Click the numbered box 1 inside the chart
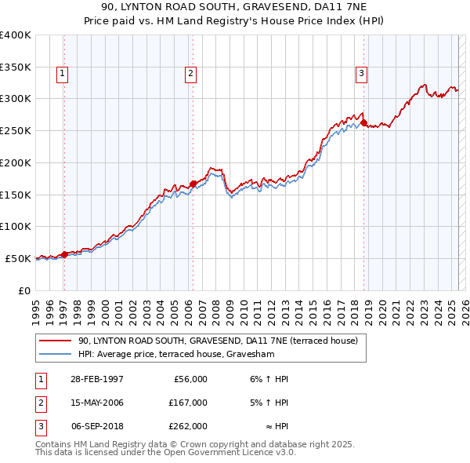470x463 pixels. pos(62,75)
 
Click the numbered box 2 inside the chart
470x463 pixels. pos(190,75)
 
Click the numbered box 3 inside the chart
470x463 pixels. pos(361,75)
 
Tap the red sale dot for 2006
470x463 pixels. pos(193,184)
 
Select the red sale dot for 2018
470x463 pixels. pos(364,123)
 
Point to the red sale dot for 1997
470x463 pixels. pos(65,254)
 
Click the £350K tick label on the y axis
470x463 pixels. pos(15,67)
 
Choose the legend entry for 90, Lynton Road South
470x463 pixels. pos(217,341)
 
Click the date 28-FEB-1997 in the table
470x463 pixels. pos(96,379)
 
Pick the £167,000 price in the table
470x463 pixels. pos(188,403)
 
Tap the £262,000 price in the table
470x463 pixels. pos(188,426)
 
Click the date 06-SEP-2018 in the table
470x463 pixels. pos(97,426)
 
